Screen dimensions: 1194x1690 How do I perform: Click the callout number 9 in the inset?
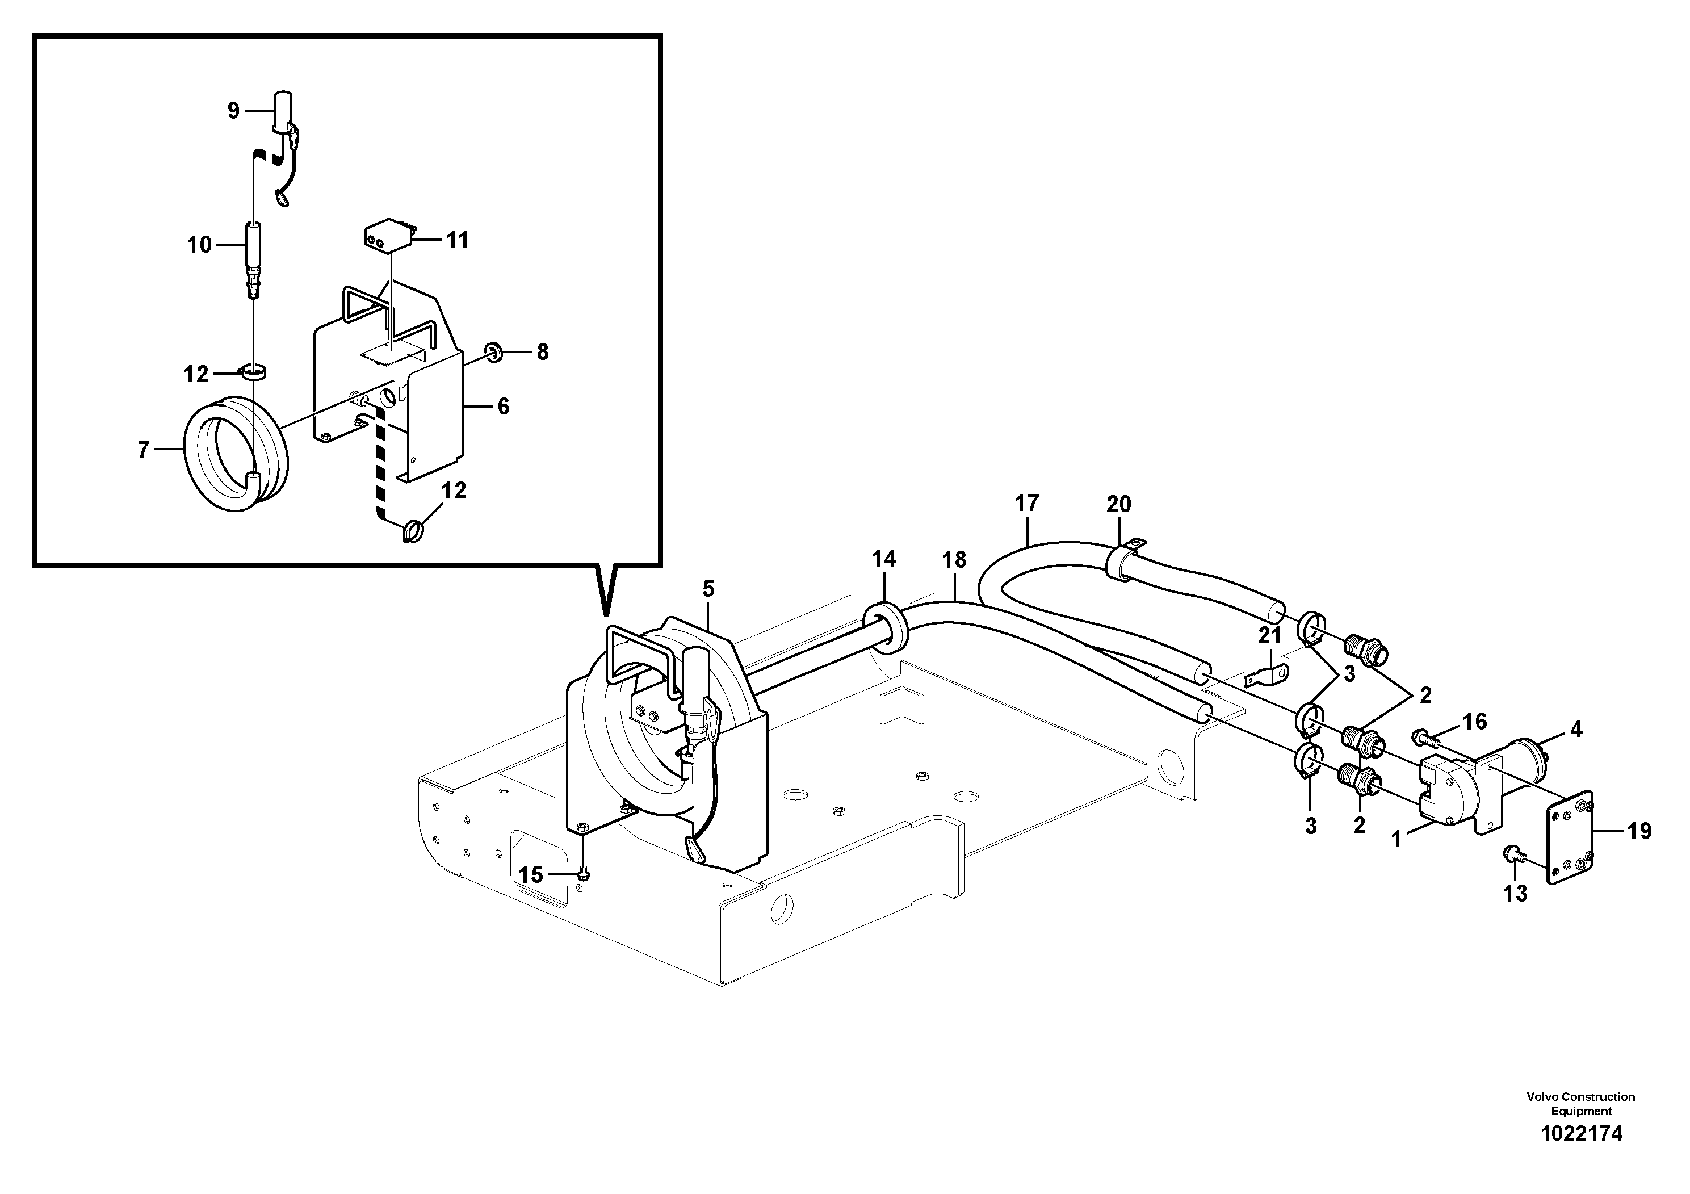[233, 111]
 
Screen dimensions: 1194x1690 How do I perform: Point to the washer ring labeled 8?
[494, 353]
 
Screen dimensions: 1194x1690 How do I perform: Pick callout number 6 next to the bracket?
[503, 407]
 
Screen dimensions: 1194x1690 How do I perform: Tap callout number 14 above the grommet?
[884, 559]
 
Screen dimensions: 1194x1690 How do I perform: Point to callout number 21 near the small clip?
[1269, 635]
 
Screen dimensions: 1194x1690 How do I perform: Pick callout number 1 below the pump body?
[1397, 839]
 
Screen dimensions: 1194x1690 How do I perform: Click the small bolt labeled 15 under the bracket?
[584, 873]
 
